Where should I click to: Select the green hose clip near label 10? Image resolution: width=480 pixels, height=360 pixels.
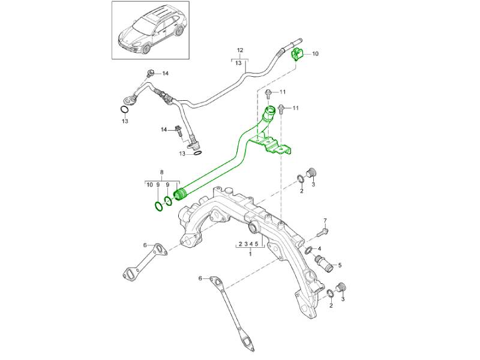pos(296,55)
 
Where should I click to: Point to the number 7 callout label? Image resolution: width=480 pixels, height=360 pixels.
pos(325,221)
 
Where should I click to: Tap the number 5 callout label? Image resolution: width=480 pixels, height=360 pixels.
pos(340,265)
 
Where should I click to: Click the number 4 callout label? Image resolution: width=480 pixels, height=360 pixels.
pos(320,248)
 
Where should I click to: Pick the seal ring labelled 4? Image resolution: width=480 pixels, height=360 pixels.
pos(308,250)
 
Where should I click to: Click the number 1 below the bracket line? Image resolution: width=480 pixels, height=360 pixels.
pos(250,254)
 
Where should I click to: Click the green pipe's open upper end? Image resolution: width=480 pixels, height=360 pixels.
pos(271,112)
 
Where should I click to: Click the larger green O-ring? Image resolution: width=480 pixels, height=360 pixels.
pos(157,207)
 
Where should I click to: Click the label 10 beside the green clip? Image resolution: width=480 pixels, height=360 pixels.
pos(316,54)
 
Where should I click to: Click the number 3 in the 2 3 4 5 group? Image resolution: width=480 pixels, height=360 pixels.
pos(245,245)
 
